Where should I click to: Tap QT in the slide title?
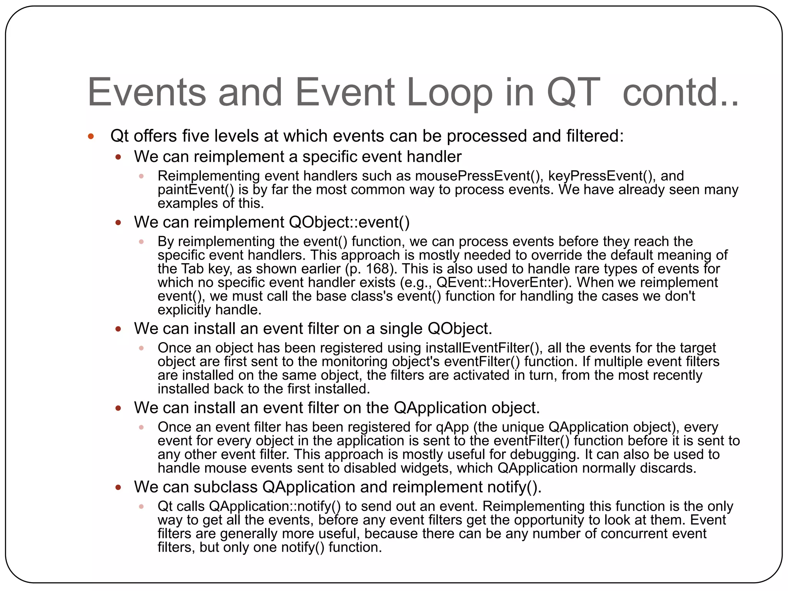573,93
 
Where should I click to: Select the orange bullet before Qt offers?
91,136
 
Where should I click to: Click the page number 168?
378,269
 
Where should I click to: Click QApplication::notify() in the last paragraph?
275,506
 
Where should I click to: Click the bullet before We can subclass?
119,487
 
